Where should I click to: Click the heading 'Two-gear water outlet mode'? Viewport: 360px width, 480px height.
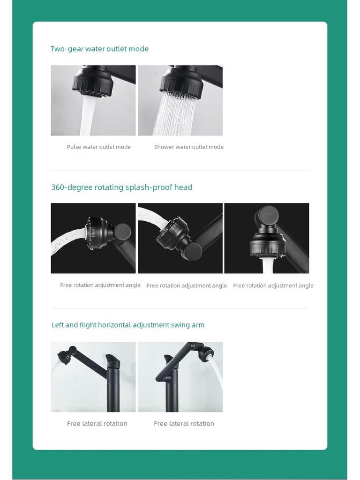point(99,49)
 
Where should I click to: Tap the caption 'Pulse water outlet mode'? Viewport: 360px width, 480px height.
point(99,147)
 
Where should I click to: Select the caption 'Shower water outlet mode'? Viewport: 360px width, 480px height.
point(189,147)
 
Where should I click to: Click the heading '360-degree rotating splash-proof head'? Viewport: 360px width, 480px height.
point(122,187)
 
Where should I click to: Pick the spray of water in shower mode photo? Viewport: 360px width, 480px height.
point(173,115)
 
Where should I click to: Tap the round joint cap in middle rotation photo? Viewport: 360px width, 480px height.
point(193,251)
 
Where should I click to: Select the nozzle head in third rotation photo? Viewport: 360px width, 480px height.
point(267,242)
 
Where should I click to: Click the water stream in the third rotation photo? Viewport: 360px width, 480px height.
point(267,265)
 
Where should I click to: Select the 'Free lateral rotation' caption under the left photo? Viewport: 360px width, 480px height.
point(97,424)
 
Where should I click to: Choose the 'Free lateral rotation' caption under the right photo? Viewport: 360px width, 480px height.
point(184,424)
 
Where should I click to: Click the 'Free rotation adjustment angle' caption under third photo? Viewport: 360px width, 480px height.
point(273,285)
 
